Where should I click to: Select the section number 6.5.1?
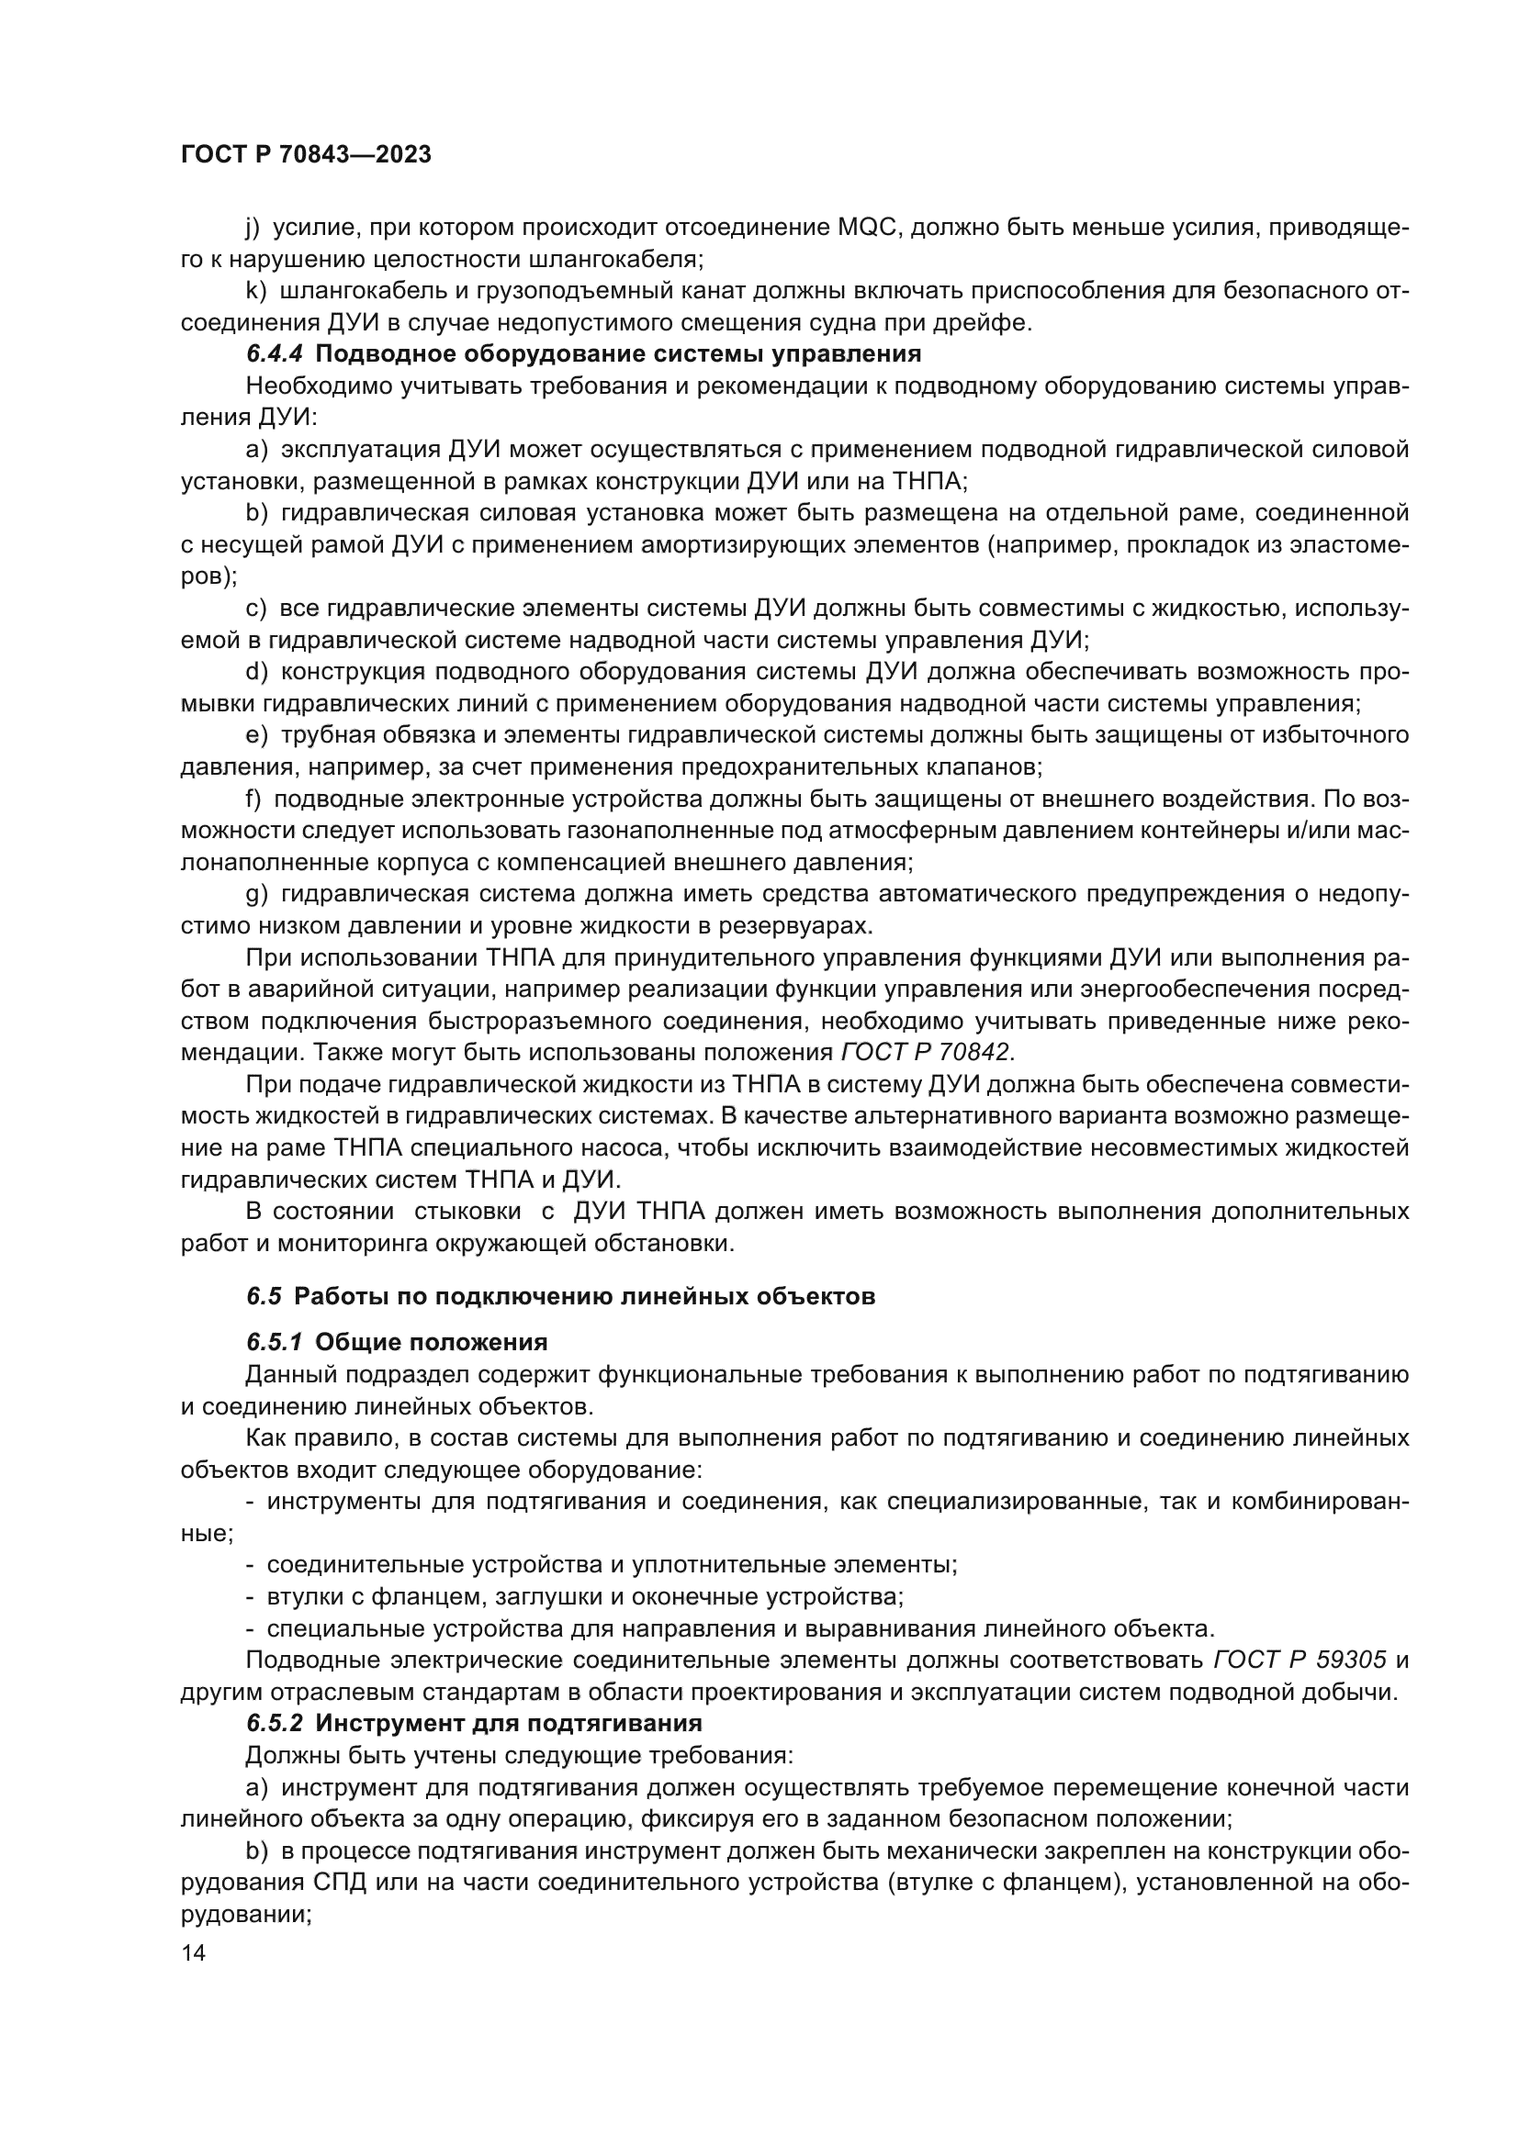coord(274,1343)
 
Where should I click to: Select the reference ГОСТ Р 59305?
coord(1300,1660)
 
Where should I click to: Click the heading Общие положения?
coord(432,1343)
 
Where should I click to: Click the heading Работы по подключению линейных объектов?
coord(584,1297)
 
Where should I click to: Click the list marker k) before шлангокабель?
coord(255,291)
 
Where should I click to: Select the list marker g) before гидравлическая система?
coord(256,894)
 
